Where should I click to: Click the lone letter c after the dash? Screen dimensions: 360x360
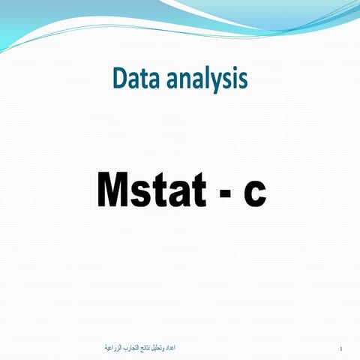(x=254, y=193)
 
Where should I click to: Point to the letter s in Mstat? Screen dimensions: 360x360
(x=142, y=193)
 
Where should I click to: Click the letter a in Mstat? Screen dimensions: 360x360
(x=176, y=193)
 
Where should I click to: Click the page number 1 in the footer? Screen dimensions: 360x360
(x=341, y=349)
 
